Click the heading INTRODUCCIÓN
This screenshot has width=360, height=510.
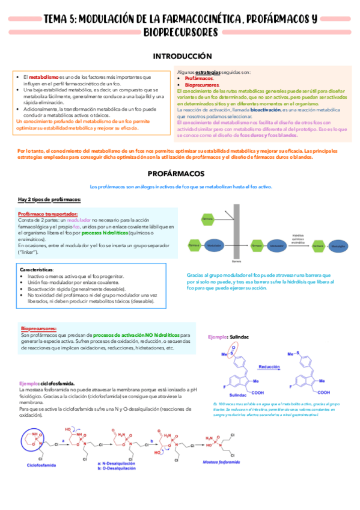click(x=180, y=56)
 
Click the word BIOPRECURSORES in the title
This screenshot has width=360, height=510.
click(x=180, y=31)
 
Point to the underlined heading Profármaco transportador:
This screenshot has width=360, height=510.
click(x=47, y=214)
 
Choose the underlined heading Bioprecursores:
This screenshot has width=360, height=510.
click(x=39, y=329)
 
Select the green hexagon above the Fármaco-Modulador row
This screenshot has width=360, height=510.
click(x=208, y=220)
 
